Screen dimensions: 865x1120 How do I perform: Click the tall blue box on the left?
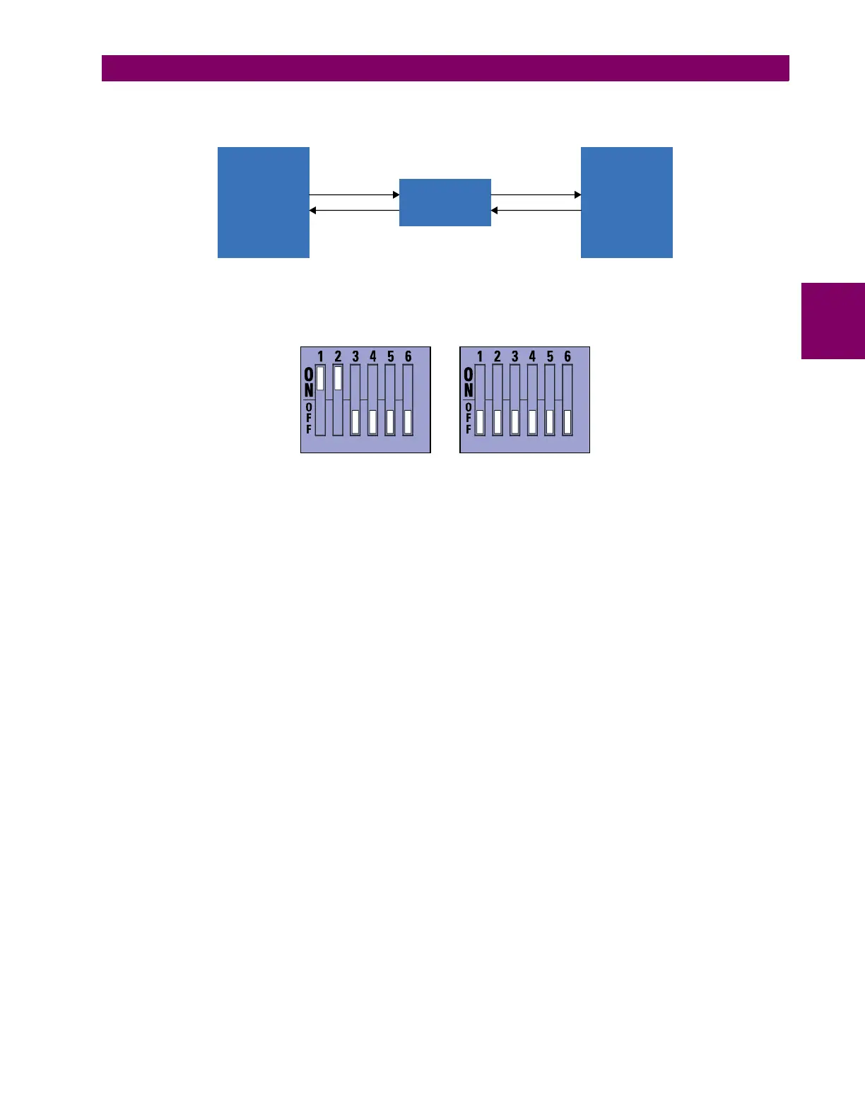pyautogui.click(x=263, y=202)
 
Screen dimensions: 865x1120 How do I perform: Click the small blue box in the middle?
pyautogui.click(x=445, y=202)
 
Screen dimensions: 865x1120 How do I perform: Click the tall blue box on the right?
pyautogui.click(x=626, y=202)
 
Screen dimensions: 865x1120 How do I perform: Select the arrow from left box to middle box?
pyautogui.click(x=354, y=194)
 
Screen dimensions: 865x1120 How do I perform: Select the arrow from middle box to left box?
pyautogui.click(x=354, y=210)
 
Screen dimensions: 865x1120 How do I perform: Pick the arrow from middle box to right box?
pyautogui.click(x=536, y=194)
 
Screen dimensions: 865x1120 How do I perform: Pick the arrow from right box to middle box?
pyautogui.click(x=536, y=210)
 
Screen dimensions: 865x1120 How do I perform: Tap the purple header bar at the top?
pyautogui.click(x=445, y=69)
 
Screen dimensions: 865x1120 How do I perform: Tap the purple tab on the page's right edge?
pyautogui.click(x=833, y=321)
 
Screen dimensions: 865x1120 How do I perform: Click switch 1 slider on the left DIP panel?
pyautogui.click(x=320, y=378)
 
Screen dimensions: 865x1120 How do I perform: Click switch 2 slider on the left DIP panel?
pyautogui.click(x=338, y=378)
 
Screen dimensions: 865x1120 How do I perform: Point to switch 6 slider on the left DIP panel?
pyautogui.click(x=408, y=421)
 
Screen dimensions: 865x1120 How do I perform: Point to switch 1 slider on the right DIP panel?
pyautogui.click(x=480, y=421)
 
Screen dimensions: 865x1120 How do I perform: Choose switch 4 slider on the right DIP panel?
pyautogui.click(x=532, y=421)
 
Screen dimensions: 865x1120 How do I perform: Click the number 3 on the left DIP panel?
pyautogui.click(x=355, y=356)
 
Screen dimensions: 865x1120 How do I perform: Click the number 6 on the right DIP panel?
pyautogui.click(x=567, y=356)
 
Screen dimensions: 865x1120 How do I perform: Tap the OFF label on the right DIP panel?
pyautogui.click(x=468, y=419)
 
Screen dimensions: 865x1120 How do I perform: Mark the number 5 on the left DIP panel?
pyautogui.click(x=391, y=356)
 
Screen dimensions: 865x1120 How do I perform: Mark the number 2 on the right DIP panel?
pyautogui.click(x=498, y=356)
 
